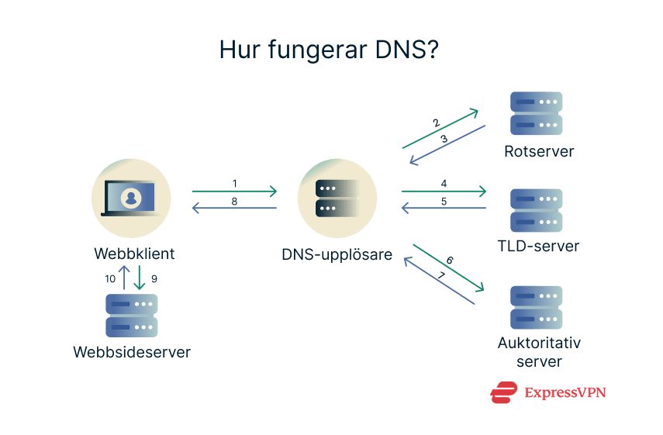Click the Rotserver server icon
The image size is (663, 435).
(x=536, y=113)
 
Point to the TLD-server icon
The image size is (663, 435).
(x=536, y=210)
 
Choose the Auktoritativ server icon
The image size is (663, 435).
(x=536, y=307)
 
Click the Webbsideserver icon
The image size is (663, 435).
(x=132, y=314)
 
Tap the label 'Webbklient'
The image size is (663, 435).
(x=134, y=254)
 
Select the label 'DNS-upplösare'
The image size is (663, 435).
(x=337, y=254)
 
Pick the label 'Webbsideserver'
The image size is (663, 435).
(x=132, y=352)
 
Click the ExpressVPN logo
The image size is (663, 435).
(x=548, y=392)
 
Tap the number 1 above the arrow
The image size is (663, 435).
(x=234, y=184)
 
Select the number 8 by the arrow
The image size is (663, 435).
(x=234, y=201)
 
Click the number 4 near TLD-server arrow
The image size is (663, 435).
(x=444, y=184)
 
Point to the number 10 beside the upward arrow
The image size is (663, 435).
(x=112, y=278)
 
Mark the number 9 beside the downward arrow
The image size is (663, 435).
(x=153, y=278)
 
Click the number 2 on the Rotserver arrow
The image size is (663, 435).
(x=437, y=123)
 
